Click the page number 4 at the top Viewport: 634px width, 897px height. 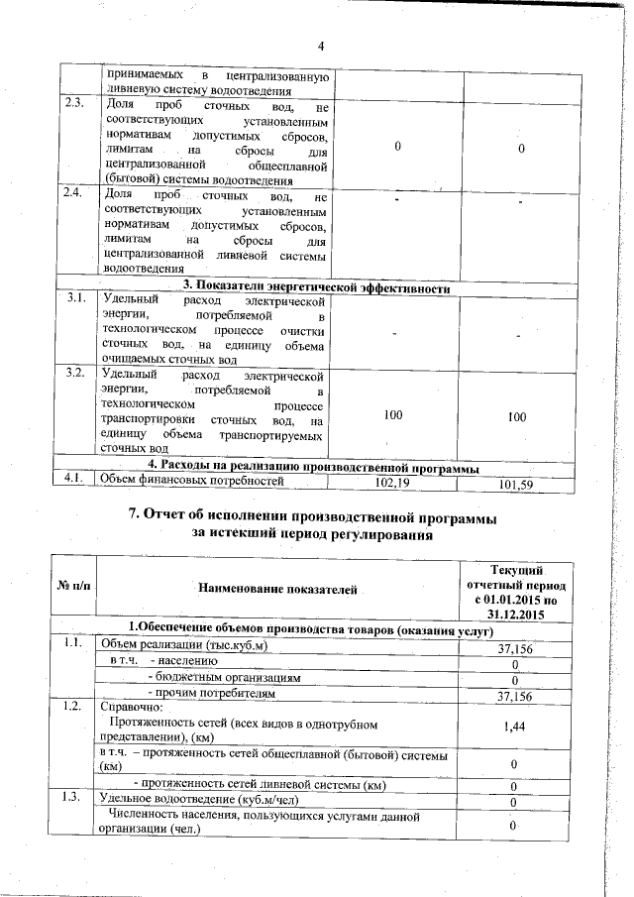321,46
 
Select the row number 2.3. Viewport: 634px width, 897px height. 73,104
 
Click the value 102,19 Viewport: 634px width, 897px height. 393,484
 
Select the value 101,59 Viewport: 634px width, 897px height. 516,485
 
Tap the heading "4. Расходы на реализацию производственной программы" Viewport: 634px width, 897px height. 314,468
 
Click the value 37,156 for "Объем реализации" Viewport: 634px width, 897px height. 515,648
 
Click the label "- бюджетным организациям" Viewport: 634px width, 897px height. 223,678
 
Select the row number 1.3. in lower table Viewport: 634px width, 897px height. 72,798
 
